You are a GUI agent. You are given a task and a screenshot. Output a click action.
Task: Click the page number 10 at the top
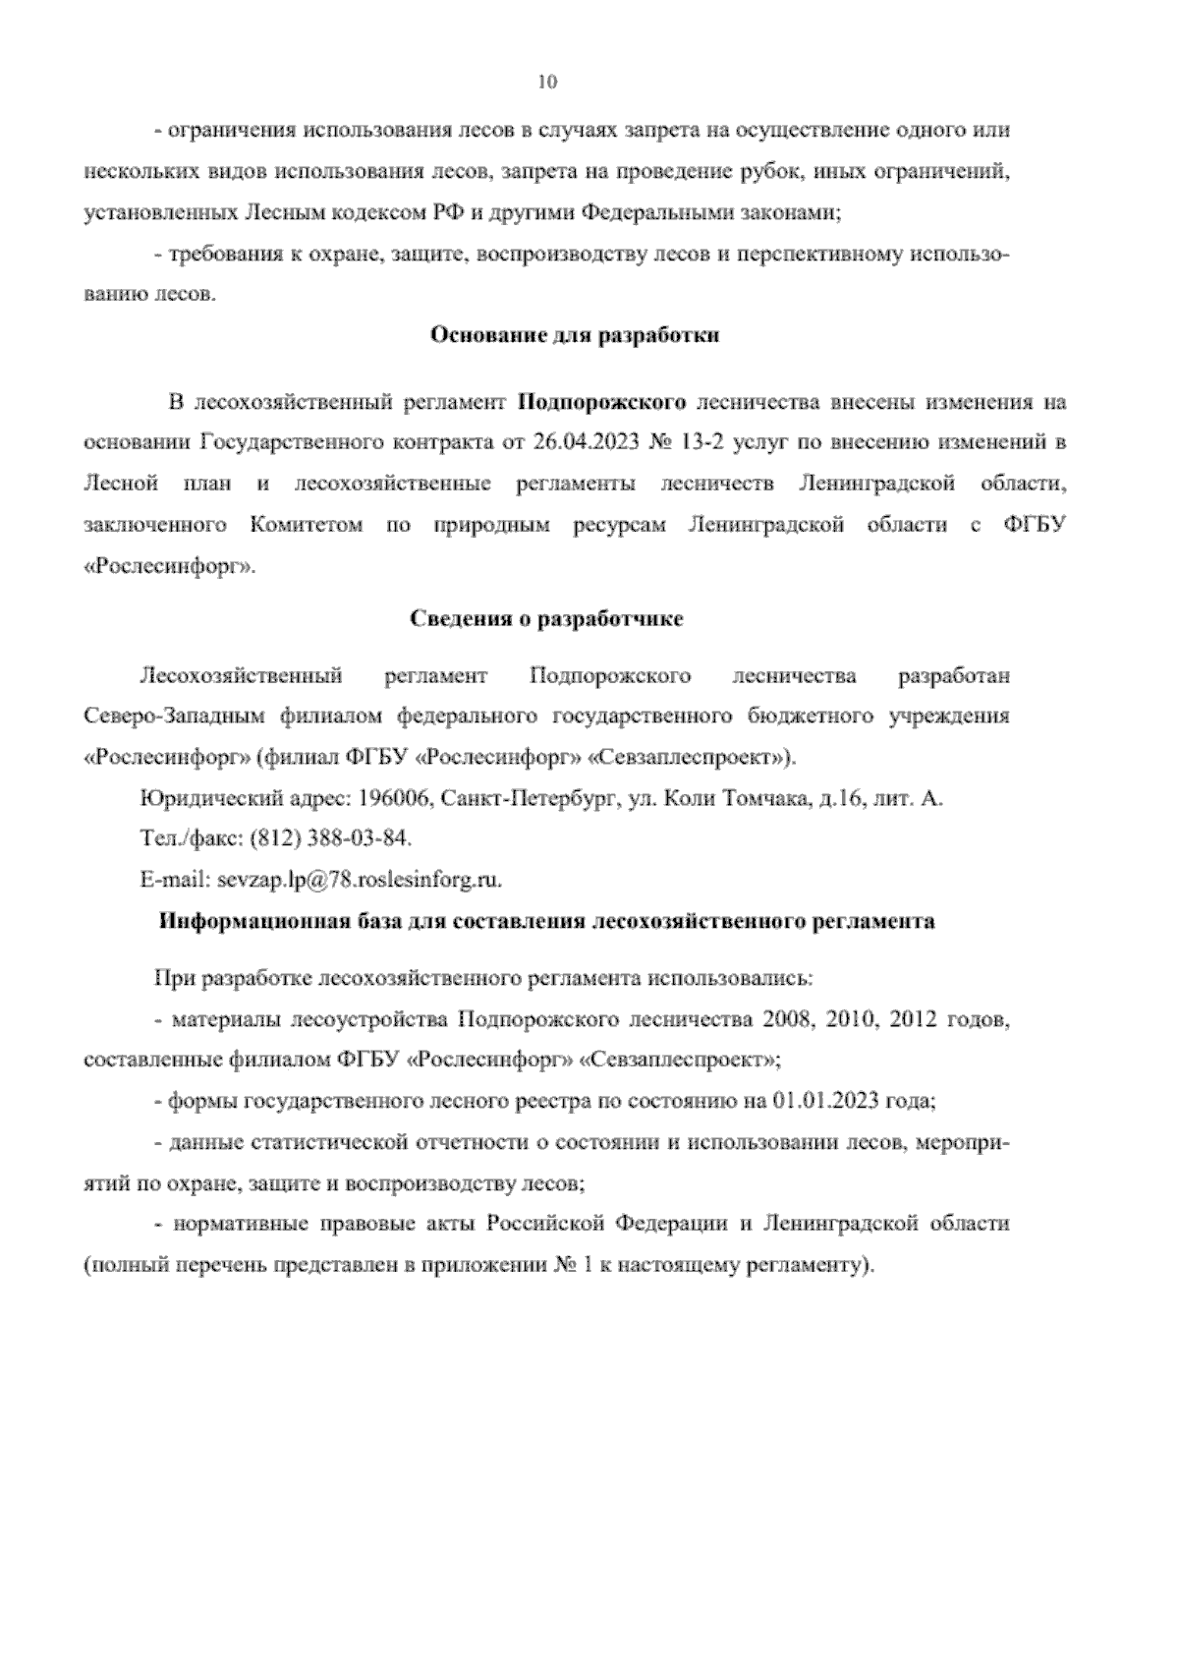pos(547,83)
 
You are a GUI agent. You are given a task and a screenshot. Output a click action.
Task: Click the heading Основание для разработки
pos(576,335)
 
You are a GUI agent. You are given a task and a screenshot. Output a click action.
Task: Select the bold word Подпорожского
pos(601,402)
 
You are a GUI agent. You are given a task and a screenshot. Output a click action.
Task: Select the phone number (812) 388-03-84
pos(331,838)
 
